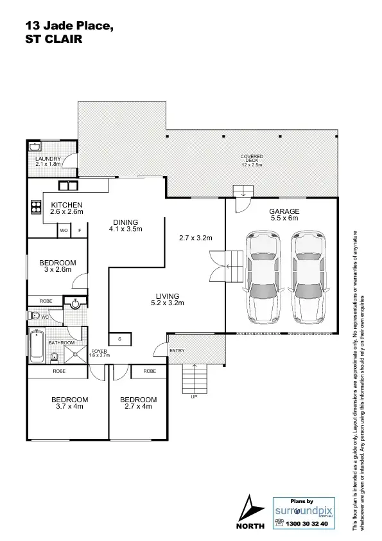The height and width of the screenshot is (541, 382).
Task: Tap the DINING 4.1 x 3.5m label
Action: coord(125,225)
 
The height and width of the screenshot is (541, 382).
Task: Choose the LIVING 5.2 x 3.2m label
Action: coord(168,299)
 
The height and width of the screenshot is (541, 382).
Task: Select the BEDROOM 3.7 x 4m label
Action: coord(69,403)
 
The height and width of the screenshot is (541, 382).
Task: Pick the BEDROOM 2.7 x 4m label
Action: coord(139,403)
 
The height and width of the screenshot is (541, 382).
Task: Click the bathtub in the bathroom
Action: coord(37,347)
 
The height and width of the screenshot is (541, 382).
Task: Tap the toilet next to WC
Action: coord(33,316)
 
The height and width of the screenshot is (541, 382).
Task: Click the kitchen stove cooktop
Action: coord(36,208)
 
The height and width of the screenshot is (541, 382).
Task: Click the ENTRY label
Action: coord(177,350)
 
